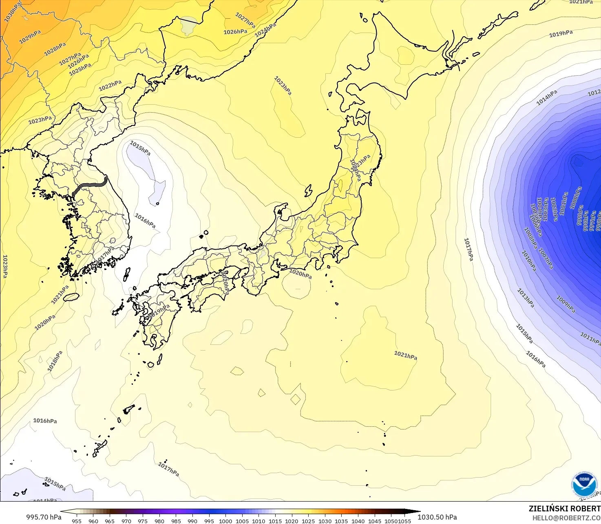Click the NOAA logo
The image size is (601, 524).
584,484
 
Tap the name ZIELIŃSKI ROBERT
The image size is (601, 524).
564,509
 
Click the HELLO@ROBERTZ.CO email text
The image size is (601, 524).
566,518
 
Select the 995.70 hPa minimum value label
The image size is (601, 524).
44,517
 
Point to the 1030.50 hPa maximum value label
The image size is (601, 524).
437,517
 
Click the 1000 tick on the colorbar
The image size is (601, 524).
225,521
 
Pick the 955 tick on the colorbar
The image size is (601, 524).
77,521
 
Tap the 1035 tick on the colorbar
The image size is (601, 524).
341,521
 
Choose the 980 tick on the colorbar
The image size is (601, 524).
159,521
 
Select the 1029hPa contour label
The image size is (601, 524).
30,37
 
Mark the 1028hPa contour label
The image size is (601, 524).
55,49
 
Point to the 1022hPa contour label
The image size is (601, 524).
110,86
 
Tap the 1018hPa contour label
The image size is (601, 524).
55,361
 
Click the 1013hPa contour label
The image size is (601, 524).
526,298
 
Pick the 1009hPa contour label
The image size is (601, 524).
566,304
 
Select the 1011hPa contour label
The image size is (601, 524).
590,338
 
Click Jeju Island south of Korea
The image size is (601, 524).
71,297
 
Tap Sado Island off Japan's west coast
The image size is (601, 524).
308,191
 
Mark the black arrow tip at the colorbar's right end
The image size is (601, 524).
419,511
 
